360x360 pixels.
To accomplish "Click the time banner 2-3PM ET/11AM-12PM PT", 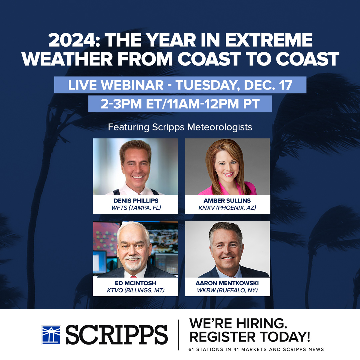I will (180, 104).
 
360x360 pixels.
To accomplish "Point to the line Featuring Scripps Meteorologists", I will (180, 127).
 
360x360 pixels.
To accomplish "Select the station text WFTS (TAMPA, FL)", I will (135, 208).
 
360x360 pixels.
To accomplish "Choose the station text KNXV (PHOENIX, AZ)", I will (227, 208).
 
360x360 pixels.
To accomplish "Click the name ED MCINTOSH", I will (135, 283).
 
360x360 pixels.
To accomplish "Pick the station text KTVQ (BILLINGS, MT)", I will (135, 291).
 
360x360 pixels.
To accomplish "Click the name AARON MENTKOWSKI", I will (227, 283).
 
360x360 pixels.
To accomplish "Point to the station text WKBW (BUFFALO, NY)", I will (227, 291).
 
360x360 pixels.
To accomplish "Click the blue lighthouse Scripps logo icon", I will (51, 335).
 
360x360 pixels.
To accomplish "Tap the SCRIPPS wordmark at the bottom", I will (117, 335).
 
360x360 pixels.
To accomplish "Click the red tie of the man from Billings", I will (134, 276).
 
